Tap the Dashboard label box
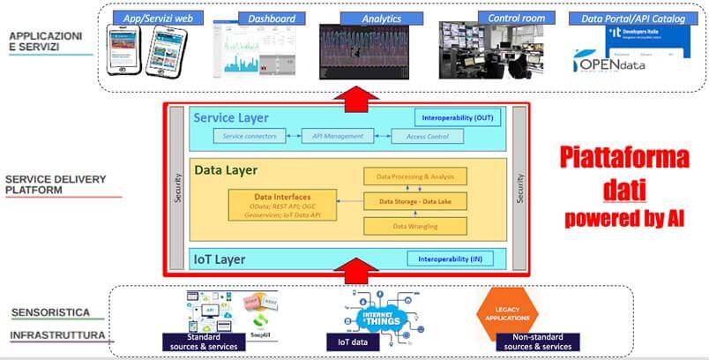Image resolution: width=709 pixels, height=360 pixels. pos(271,18)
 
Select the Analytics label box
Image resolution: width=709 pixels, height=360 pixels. pos(381,18)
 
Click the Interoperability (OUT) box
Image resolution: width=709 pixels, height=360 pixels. pos(458,117)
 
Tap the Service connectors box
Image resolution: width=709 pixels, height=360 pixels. pos(250,137)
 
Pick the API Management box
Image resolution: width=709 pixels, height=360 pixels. pos(332,137)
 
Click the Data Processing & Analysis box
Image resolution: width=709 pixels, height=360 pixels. pos(415,177)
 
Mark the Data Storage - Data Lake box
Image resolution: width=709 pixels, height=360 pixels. pos(415,202)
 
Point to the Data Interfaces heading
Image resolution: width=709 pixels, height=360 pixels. pos(281,197)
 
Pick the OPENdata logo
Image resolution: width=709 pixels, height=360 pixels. pos(610,63)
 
